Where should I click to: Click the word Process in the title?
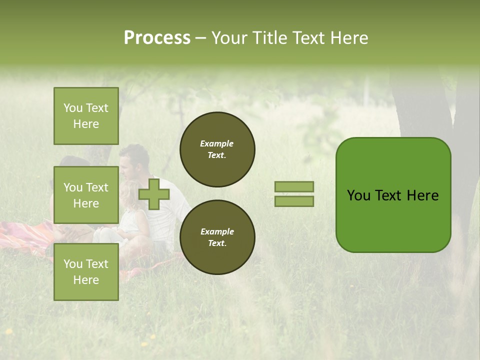(157, 38)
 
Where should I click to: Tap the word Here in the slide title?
(348, 38)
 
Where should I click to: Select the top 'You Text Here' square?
(86, 116)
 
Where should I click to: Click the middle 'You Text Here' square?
(86, 195)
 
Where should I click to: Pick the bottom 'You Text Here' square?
(86, 271)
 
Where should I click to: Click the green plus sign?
(153, 194)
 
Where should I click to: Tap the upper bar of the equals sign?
(294, 186)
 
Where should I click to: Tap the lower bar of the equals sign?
(294, 201)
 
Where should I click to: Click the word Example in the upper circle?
(217, 143)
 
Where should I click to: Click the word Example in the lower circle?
(217, 231)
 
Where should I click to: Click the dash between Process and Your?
(200, 38)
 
